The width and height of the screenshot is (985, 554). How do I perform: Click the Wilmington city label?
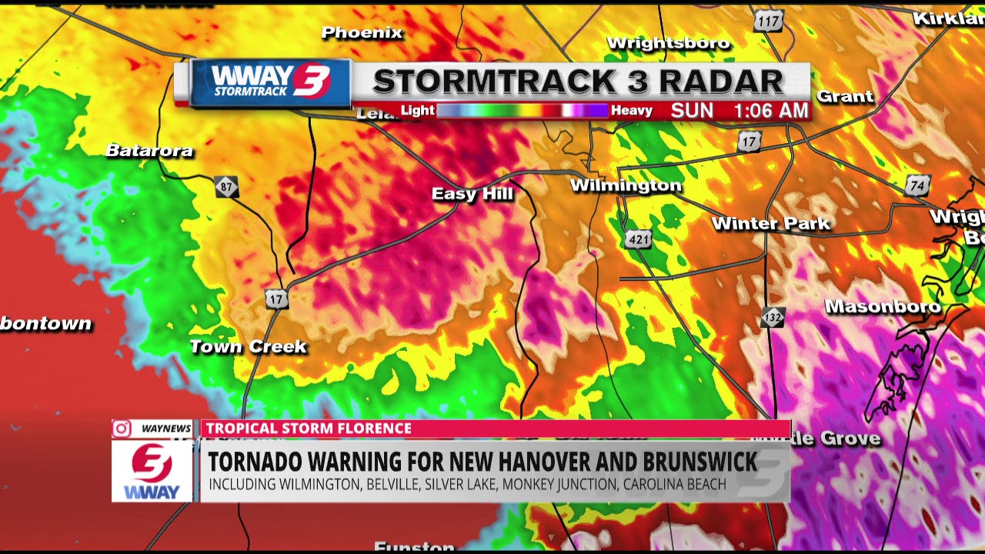(626, 185)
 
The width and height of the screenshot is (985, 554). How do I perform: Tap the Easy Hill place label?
(472, 194)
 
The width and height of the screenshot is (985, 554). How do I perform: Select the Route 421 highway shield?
(639, 239)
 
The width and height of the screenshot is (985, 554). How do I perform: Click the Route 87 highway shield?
(226, 187)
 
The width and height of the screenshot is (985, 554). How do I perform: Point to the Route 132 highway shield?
(773, 317)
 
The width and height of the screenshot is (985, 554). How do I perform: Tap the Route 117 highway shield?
(767, 22)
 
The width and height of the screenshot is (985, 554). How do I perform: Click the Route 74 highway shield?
(917, 185)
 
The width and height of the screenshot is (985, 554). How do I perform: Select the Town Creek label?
(248, 347)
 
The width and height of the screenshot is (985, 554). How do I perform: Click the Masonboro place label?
(883, 306)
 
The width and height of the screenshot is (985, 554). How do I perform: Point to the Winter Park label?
(771, 224)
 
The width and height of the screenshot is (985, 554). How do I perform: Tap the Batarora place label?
(149, 151)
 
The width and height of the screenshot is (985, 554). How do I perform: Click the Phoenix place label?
(362, 32)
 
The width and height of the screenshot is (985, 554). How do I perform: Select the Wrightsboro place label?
(668, 43)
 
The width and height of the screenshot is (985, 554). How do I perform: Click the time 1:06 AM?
(770, 111)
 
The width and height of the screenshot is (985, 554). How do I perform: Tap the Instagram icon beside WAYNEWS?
(122, 429)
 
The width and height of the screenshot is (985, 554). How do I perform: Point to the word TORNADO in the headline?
(256, 462)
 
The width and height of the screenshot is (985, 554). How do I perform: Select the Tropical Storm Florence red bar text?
(309, 429)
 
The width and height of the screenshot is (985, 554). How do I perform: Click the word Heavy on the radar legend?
(632, 111)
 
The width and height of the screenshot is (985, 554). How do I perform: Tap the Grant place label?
(845, 97)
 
